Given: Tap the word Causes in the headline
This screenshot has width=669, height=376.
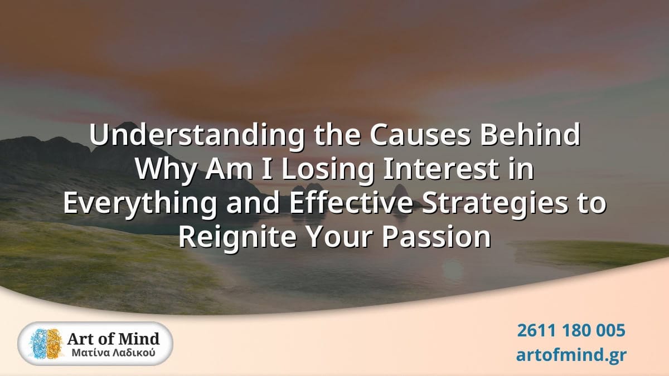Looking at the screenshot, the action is coord(420,135).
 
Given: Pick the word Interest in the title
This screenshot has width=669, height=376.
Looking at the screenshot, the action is coord(441,169).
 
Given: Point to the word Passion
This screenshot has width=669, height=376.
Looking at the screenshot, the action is coord(437,237).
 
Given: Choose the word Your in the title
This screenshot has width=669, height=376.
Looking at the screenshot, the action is coord(340,237).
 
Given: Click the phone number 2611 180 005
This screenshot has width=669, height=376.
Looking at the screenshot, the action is coord(571,330).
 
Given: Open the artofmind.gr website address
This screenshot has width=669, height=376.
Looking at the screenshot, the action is coord(571,355).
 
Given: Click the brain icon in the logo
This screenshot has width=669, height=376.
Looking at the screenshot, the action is coord(47,344).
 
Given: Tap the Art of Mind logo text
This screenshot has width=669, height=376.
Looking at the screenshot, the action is coord(113,339).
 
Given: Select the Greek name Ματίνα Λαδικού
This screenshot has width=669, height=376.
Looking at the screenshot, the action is coord(114,353).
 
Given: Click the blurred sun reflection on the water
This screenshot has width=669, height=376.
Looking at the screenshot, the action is coord(453,270).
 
